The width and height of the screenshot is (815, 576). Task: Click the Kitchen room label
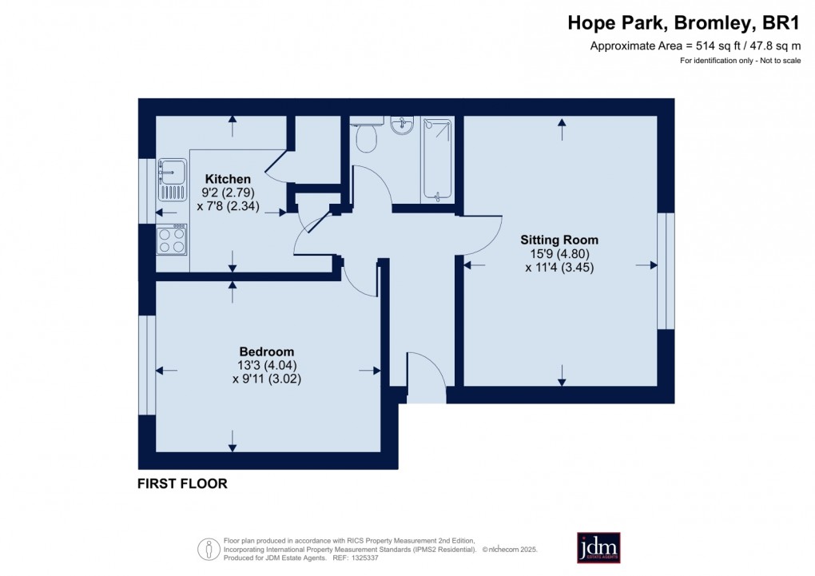tap(228, 179)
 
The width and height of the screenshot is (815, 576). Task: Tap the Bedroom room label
tap(267, 352)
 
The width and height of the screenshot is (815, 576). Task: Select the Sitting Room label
tap(559, 240)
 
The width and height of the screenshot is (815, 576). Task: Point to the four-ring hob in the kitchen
tap(173, 240)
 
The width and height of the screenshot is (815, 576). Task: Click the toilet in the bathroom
tap(367, 139)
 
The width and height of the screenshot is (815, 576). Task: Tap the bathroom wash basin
tap(402, 125)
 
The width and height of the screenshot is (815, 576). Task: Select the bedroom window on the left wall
tap(146, 365)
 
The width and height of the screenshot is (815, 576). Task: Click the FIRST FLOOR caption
tap(182, 483)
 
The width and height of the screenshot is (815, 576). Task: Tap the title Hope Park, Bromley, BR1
tap(683, 23)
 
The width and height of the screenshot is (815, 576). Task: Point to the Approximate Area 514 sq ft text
tap(694, 46)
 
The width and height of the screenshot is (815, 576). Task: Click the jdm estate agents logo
tap(598, 548)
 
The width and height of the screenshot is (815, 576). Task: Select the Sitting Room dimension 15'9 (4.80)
tap(559, 254)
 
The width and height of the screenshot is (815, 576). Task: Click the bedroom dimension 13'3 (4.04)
tap(267, 365)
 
